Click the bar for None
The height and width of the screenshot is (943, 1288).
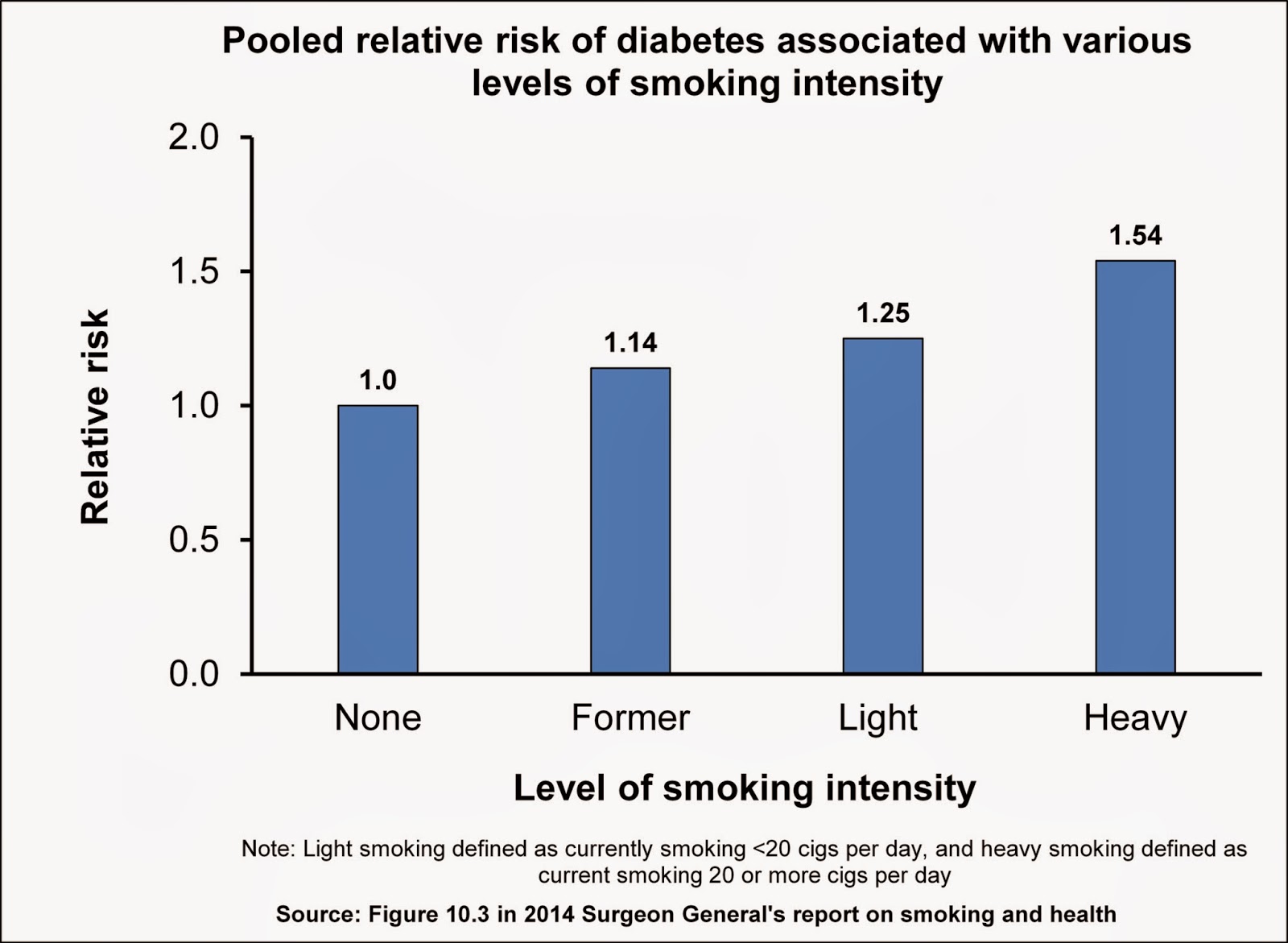[378, 539]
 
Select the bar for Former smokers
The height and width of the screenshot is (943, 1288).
[630, 520]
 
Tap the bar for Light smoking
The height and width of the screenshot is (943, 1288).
[883, 506]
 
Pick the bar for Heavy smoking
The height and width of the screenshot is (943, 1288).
[1135, 467]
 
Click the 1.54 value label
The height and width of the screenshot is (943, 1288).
[1135, 236]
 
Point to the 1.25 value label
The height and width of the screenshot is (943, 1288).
[883, 313]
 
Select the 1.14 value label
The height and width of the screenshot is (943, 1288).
[630, 343]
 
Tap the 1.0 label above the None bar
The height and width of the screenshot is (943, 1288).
[378, 380]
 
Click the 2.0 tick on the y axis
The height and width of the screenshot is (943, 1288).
[194, 138]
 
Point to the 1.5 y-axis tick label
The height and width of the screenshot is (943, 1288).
[194, 272]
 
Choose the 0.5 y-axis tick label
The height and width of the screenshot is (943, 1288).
[194, 540]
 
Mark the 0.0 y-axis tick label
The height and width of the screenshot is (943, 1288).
[194, 673]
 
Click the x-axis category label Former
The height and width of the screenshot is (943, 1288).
[630, 718]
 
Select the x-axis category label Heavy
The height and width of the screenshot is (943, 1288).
[1135, 718]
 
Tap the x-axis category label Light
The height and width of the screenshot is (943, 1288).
[877, 718]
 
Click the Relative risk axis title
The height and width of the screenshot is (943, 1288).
[95, 417]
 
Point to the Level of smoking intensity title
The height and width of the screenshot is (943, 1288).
[745, 788]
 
